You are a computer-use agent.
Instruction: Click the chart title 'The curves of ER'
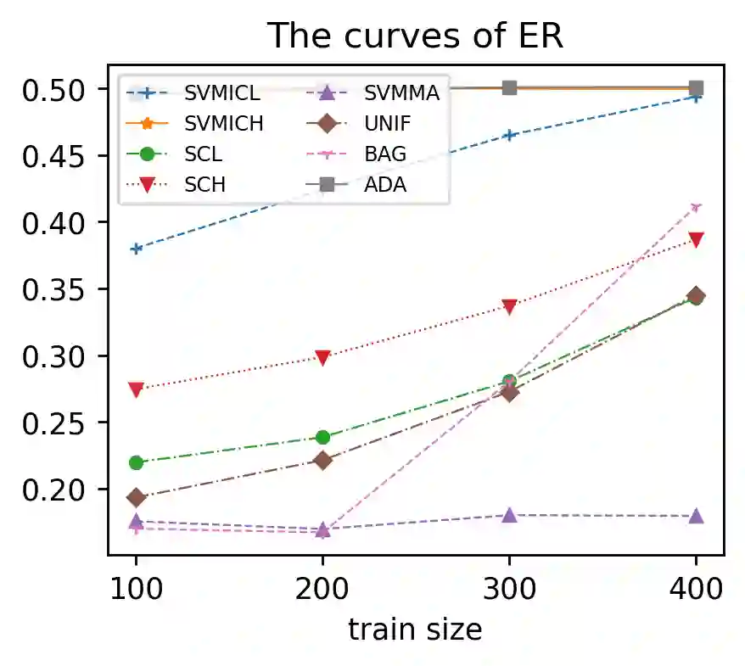tap(416, 35)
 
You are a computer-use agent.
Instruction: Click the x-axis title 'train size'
tap(416, 630)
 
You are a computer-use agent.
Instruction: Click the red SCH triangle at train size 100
tap(136, 389)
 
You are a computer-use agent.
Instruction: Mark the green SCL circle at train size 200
tap(322, 437)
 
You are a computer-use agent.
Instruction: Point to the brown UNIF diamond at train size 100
tap(136, 497)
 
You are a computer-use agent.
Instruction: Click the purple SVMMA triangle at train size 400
tap(696, 516)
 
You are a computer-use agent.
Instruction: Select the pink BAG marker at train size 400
tap(696, 207)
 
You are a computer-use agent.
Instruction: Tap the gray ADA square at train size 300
tap(509, 88)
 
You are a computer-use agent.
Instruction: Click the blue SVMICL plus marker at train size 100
tap(136, 249)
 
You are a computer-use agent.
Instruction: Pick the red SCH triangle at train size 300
tap(509, 307)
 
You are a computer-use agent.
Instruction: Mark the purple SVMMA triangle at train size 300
tap(509, 515)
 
